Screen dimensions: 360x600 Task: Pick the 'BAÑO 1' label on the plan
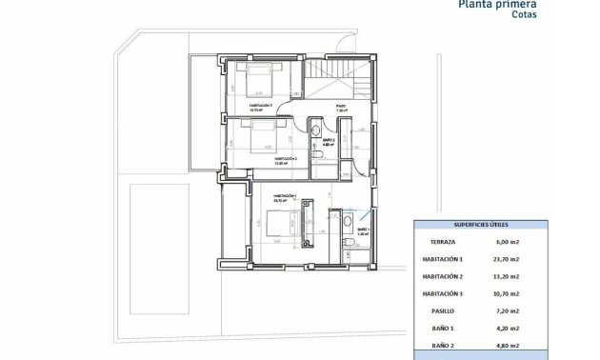363,230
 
